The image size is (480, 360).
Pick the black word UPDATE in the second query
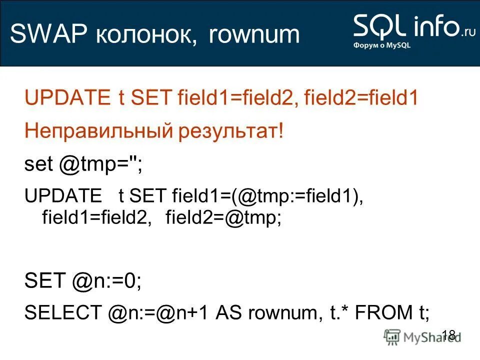tap(62, 196)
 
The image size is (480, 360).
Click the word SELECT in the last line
tap(63, 313)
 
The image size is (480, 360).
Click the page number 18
tap(449, 334)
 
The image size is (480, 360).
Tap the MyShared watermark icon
tap(392, 336)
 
